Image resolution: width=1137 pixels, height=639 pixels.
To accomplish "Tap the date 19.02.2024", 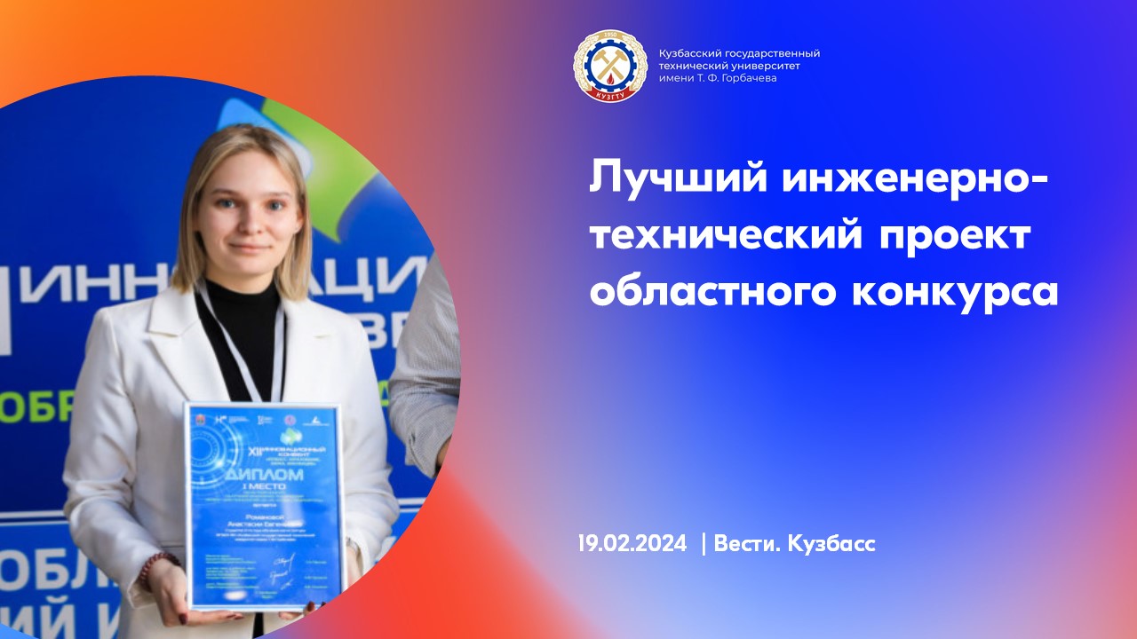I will tap(632, 543).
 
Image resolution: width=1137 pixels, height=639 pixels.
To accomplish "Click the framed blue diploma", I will tap(263, 506).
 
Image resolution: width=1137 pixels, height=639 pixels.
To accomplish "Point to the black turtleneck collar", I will tap(238, 297).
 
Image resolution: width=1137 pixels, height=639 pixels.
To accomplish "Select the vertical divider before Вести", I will tap(704, 543).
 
